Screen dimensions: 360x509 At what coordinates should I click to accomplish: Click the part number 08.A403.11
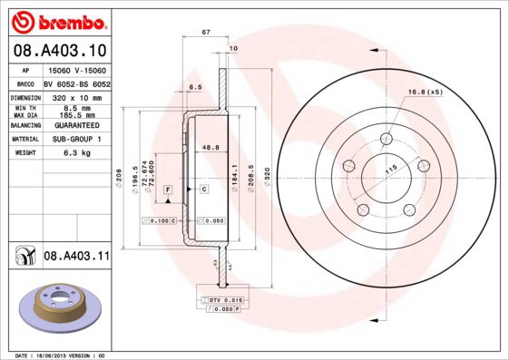[76, 257]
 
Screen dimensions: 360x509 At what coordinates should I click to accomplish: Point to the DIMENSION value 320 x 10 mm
[76, 96]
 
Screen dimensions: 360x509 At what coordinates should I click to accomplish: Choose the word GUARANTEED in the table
[76, 124]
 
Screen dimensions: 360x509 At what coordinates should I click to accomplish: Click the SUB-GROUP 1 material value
[76, 139]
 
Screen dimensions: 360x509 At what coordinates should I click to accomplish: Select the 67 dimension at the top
[206, 32]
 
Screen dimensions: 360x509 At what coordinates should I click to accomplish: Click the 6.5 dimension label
[195, 87]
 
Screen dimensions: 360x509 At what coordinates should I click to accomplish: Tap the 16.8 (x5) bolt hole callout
[425, 92]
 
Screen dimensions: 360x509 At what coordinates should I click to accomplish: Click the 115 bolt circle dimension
[393, 170]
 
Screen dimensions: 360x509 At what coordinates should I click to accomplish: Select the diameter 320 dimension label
[265, 174]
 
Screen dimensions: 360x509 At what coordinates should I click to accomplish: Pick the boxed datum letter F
[168, 188]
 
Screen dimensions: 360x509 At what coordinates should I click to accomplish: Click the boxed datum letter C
[204, 188]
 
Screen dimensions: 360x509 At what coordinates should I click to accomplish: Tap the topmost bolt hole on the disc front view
[387, 139]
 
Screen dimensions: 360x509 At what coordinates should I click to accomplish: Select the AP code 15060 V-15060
[76, 70]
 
